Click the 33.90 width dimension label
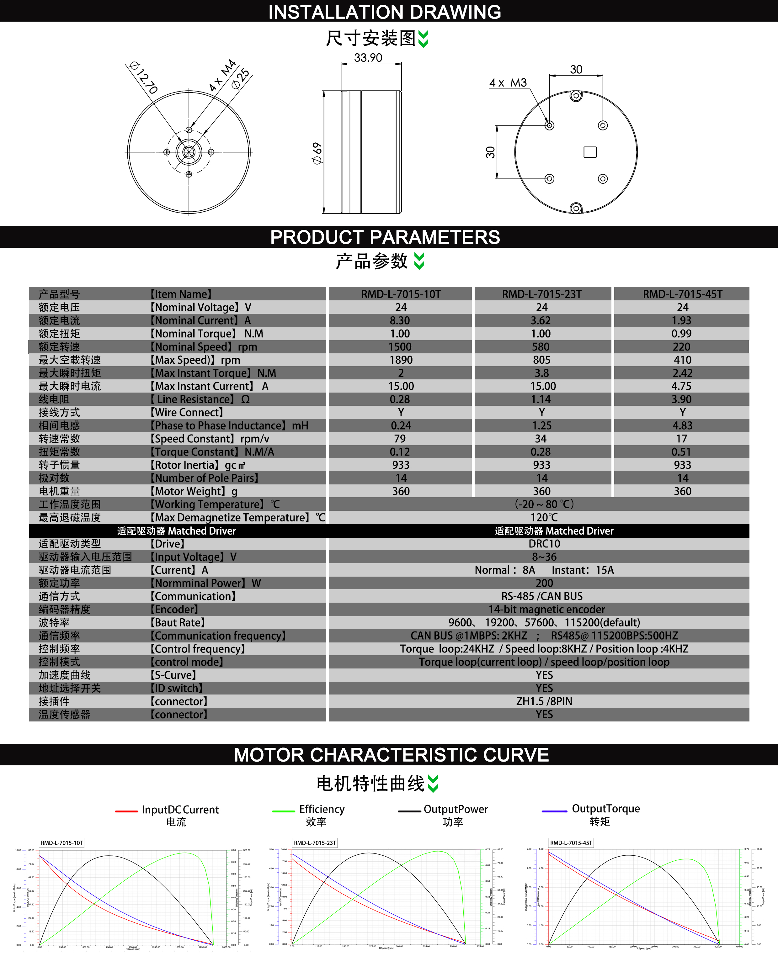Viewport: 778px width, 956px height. (x=368, y=58)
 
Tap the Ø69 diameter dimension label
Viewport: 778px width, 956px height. (x=317, y=153)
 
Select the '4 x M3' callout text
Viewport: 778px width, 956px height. (x=508, y=83)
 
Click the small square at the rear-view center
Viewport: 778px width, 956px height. (x=590, y=152)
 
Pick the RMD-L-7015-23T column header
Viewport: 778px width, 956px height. (x=541, y=294)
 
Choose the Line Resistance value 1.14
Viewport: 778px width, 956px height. (x=541, y=399)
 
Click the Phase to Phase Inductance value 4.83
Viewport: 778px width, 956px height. (x=682, y=425)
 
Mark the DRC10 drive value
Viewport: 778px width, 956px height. (x=544, y=544)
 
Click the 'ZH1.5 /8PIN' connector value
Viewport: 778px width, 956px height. (x=544, y=701)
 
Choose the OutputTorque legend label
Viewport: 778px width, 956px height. (x=605, y=809)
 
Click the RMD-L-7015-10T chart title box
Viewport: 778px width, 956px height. (x=62, y=843)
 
